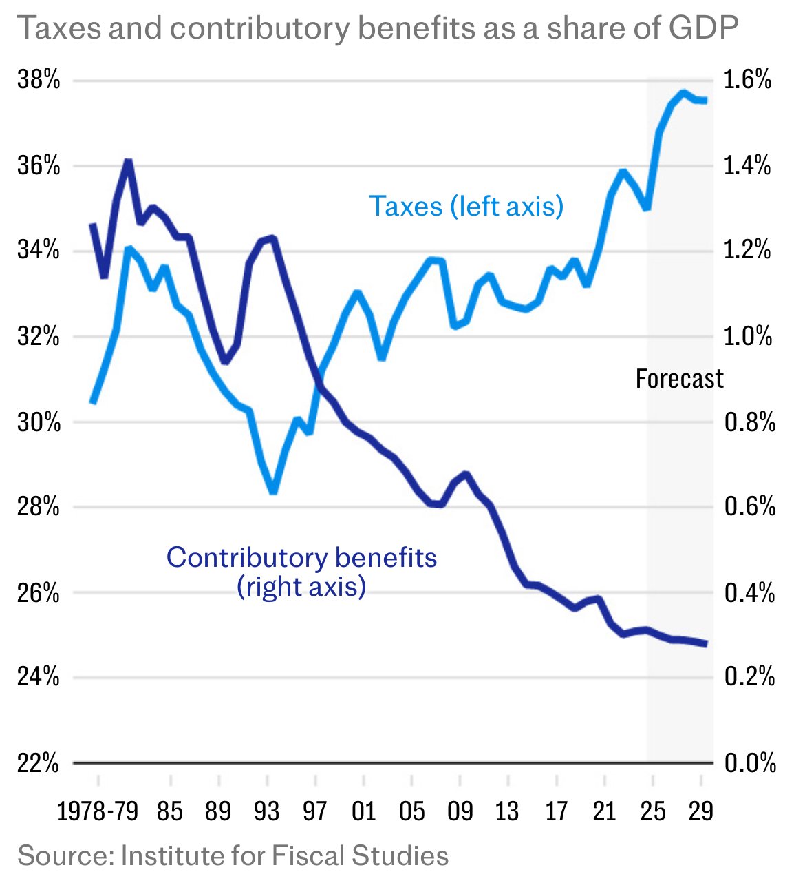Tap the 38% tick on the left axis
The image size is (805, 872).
39,81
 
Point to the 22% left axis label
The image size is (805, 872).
39,763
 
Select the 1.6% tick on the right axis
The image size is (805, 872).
748,81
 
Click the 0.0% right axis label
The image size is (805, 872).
749,763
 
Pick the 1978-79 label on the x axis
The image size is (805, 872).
98,811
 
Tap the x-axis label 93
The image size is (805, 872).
266,811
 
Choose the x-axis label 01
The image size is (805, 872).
363,811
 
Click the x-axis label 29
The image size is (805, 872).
700,811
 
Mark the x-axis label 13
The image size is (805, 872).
507,811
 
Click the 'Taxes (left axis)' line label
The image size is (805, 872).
466,206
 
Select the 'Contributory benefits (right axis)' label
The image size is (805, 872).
301,572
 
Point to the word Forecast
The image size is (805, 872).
679,379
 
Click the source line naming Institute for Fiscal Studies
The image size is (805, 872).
233,855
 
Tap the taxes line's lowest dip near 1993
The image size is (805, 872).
273,492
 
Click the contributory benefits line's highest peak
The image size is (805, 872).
128,162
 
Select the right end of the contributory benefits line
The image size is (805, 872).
705,644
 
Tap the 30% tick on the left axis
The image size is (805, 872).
39,422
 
